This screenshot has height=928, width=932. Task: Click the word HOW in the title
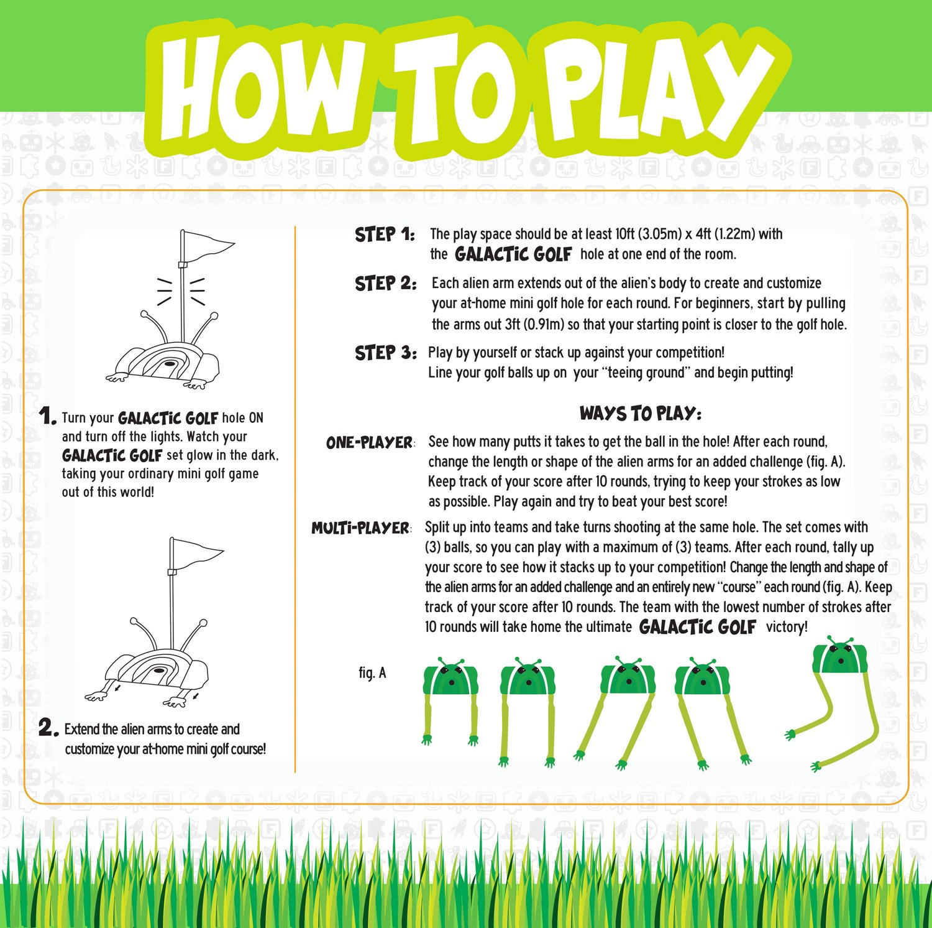click(261, 88)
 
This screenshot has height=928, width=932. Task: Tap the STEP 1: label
click(385, 234)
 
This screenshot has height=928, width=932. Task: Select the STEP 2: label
click(385, 284)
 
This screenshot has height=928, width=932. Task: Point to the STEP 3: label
click(385, 353)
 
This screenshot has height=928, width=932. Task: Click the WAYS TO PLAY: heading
click(641, 414)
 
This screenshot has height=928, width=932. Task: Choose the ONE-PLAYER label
click(370, 443)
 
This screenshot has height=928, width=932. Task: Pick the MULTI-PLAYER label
click(360, 528)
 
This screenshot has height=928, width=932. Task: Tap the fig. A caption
click(372, 672)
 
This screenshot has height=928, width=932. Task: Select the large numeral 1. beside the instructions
click(47, 416)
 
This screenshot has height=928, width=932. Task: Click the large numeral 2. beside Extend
click(48, 727)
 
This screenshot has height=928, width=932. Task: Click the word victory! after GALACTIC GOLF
click(787, 626)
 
